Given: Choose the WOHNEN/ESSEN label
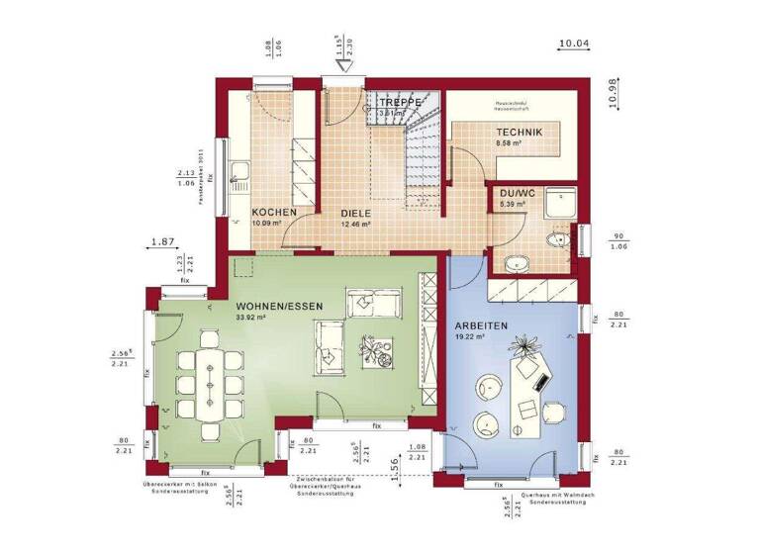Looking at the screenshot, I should (x=272, y=307).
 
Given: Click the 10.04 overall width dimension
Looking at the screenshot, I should (x=574, y=44).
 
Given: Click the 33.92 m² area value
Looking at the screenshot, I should (x=251, y=319).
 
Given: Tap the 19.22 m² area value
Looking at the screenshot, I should (x=468, y=337).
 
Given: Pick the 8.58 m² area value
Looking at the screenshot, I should (x=509, y=142).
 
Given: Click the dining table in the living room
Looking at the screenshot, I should (x=209, y=380).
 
